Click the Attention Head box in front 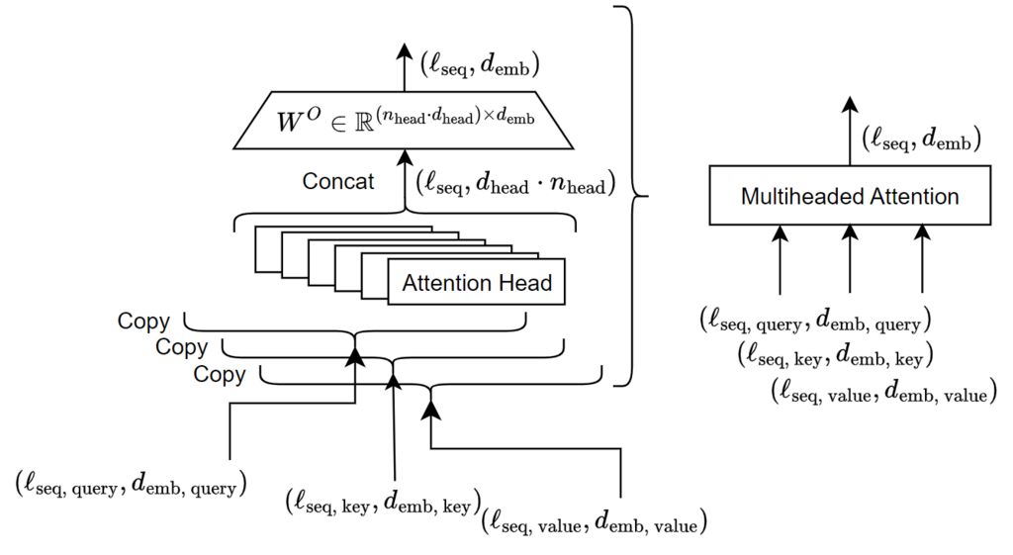[x=476, y=284]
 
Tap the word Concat [x=338, y=182]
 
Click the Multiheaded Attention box [x=850, y=196]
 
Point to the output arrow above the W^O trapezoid [x=404, y=67]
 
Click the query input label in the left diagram [x=131, y=484]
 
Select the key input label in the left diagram [x=382, y=501]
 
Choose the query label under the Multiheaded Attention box [x=815, y=321]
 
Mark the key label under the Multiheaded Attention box [x=836, y=355]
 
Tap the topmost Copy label [x=143, y=322]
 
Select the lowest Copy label [x=219, y=375]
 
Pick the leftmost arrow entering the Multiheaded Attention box [x=781, y=258]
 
